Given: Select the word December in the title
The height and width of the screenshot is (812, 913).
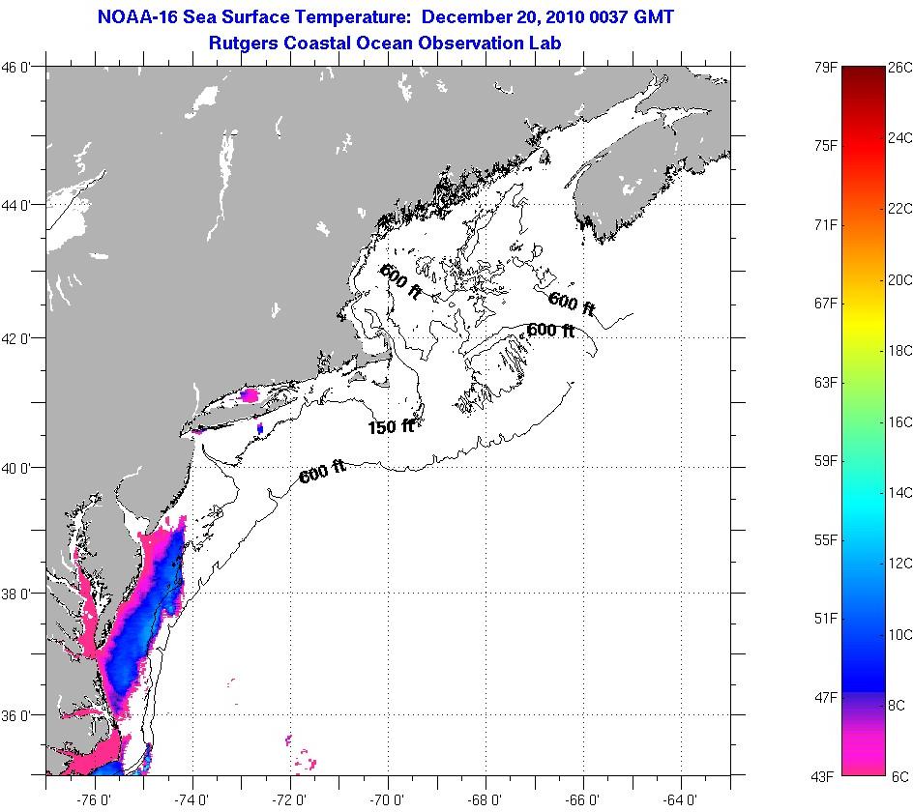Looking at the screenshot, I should coord(473,16).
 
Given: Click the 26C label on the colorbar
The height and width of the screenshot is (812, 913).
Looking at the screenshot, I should coord(900,68).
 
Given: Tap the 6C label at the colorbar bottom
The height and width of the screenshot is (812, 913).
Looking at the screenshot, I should coord(899,776).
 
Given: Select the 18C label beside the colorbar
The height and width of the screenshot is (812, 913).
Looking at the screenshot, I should coord(900,351).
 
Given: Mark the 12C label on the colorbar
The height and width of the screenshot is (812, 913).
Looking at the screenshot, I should coord(900,564).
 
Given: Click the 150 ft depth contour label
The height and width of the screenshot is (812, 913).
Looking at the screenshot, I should coord(391,426).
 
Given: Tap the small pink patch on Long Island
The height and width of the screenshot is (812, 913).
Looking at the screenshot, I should coord(250,395).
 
